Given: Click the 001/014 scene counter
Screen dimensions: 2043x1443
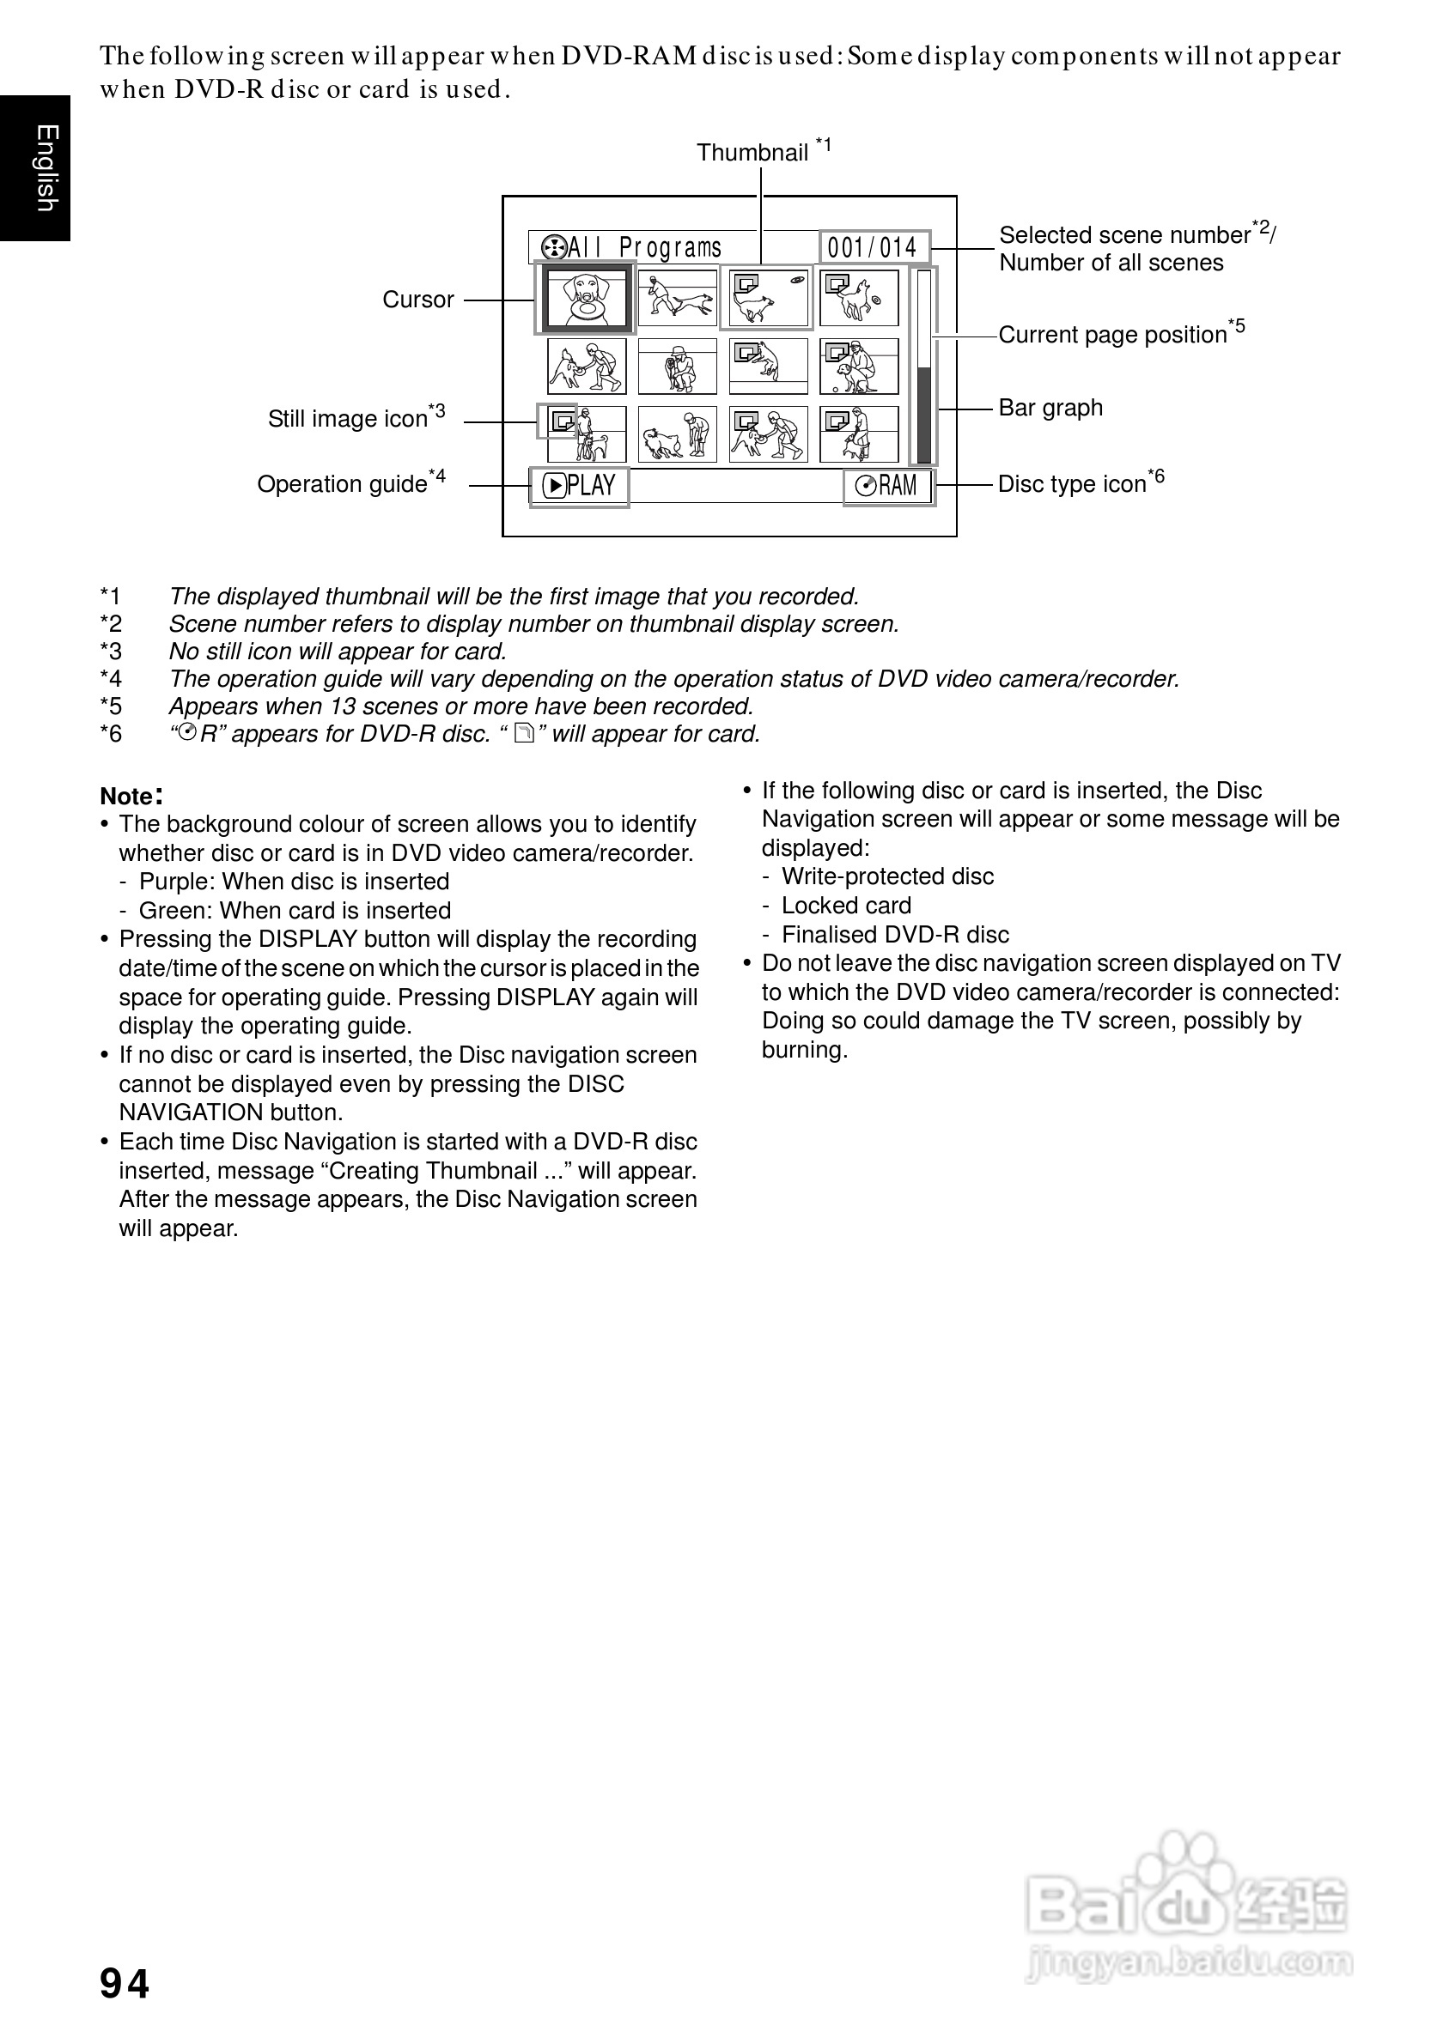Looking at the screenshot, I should (873, 247).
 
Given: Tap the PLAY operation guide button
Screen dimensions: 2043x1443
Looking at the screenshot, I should (580, 486).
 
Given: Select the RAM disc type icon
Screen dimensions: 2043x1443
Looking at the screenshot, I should (887, 486).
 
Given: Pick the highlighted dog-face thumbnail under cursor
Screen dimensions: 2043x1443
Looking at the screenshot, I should (586, 298).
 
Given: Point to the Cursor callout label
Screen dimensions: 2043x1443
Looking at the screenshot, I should (417, 300).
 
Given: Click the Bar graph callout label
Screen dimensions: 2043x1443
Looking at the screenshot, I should (1050, 409).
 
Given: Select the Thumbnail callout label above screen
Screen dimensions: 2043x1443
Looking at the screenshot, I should (752, 153).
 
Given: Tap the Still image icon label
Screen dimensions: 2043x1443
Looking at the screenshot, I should (348, 419).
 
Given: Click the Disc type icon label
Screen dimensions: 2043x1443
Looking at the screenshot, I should (1072, 484).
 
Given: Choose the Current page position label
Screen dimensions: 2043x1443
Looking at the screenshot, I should (1112, 335).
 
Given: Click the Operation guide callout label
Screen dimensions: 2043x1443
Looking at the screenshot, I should (343, 484).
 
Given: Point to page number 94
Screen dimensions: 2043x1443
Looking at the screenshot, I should (125, 1984).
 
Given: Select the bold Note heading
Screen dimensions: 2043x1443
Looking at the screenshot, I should (131, 796).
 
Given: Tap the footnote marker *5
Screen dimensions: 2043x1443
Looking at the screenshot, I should (111, 706).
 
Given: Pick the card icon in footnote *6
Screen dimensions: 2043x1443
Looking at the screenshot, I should (524, 734).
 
